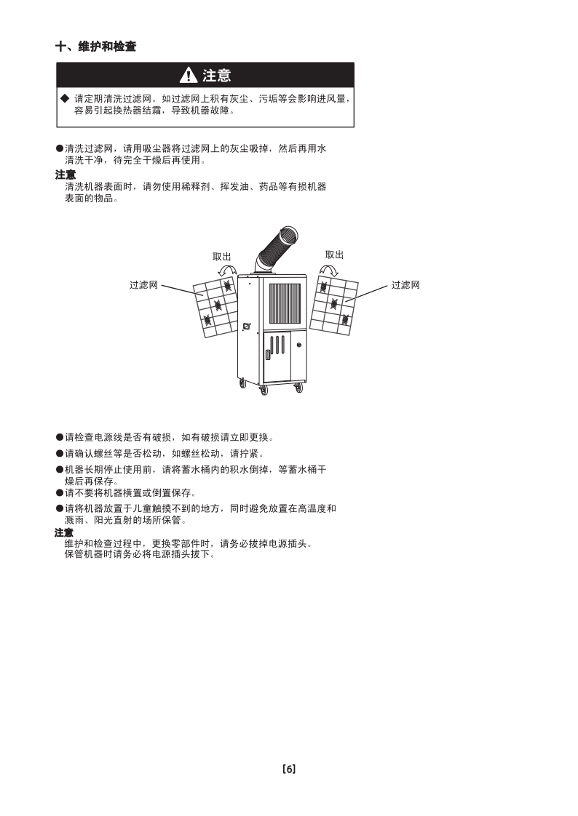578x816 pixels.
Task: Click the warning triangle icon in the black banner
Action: (188, 76)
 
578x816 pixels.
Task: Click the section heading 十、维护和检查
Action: (96, 47)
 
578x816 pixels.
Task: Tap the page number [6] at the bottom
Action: (289, 769)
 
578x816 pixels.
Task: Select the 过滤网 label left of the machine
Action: (143, 284)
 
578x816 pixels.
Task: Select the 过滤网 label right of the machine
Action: (405, 284)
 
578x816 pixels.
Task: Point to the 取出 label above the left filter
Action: (222, 257)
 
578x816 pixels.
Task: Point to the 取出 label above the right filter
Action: (334, 255)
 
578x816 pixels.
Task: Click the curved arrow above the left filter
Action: (226, 271)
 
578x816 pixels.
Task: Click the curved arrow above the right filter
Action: (328, 270)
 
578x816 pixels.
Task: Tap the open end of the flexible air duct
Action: (290, 235)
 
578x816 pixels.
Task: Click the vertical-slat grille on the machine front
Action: (285, 303)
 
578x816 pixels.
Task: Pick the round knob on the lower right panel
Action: (299, 345)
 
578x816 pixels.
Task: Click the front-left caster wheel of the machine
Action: (264, 390)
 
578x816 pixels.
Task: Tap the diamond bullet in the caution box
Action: (65, 98)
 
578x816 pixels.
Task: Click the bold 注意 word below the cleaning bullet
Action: (66, 175)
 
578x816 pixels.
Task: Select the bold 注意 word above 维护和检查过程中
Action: (64, 532)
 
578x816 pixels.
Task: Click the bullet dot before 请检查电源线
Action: (60, 438)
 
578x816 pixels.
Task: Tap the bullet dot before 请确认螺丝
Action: (60, 454)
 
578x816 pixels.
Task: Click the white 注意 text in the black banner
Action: (217, 76)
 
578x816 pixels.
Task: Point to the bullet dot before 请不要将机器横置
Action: (60, 493)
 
